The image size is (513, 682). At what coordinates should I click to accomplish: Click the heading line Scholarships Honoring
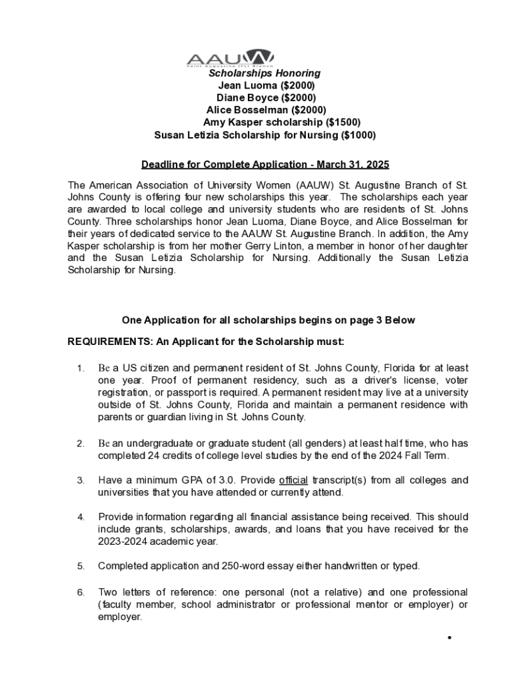point(264,73)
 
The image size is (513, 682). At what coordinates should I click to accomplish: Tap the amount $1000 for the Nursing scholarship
point(358,135)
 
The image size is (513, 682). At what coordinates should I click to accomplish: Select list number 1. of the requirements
point(81,368)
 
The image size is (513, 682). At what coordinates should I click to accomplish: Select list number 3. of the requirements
point(81,480)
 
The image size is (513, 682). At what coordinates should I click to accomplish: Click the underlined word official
point(293,480)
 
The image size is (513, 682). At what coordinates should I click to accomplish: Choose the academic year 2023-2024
point(125,541)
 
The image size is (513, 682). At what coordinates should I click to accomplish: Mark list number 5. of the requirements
point(81,566)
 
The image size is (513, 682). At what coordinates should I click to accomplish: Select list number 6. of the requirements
point(81,592)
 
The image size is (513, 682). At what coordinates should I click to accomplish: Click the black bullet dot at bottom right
point(450,638)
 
